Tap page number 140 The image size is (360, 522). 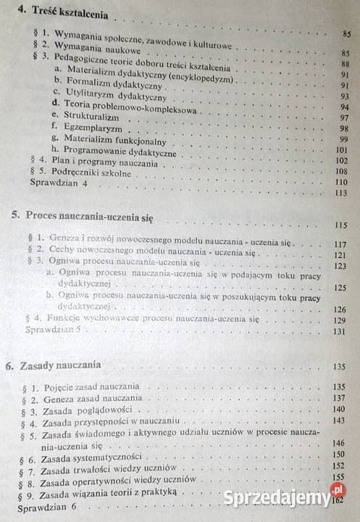(338, 410)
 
